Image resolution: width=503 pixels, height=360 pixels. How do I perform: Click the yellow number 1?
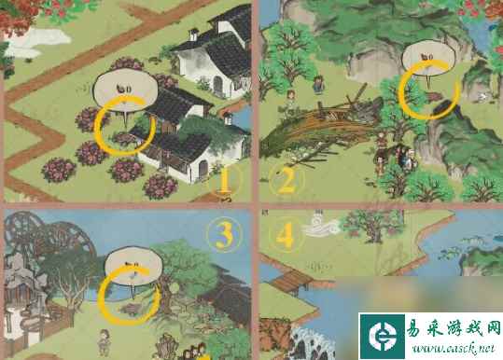pyautogui.click(x=224, y=181)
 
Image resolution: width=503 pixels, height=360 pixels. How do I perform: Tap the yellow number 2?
pyautogui.click(x=286, y=182)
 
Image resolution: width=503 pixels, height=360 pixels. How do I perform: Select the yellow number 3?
pyautogui.click(x=224, y=235)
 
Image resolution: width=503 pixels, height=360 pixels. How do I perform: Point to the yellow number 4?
pyautogui.click(x=285, y=237)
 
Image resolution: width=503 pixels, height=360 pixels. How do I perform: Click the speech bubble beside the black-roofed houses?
pyautogui.click(x=125, y=91)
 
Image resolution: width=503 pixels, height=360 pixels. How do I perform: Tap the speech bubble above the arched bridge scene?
pyautogui.click(x=428, y=59)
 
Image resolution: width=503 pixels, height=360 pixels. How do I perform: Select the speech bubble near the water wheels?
pyautogui.click(x=133, y=266)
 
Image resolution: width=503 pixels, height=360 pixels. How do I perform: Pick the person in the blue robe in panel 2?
pyautogui.click(x=318, y=85)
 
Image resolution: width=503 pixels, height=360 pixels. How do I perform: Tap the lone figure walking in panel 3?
pyautogui.click(x=105, y=342)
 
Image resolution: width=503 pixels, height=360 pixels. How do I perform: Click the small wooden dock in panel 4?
pyautogui.click(x=291, y=280)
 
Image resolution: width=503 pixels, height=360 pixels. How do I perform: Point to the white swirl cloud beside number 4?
pyautogui.click(x=322, y=226)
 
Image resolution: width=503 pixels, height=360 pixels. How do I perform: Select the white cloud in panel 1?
pyautogui.click(x=37, y=42)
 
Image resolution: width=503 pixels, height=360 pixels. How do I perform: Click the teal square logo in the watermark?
pyautogui.click(x=382, y=336)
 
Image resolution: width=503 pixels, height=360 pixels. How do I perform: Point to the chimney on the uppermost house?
pyautogui.click(x=193, y=35)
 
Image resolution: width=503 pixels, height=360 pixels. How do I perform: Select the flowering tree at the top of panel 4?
pyautogui.click(x=372, y=225)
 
